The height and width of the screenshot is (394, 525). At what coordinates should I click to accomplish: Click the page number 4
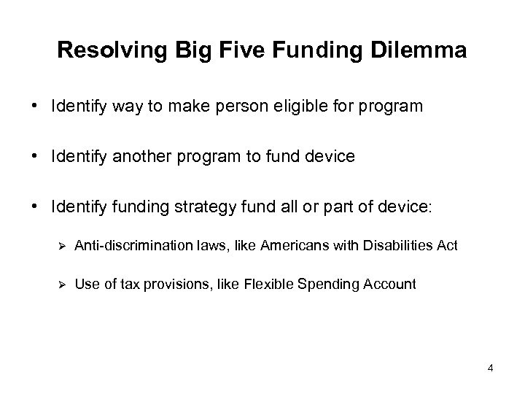tap(491, 368)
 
